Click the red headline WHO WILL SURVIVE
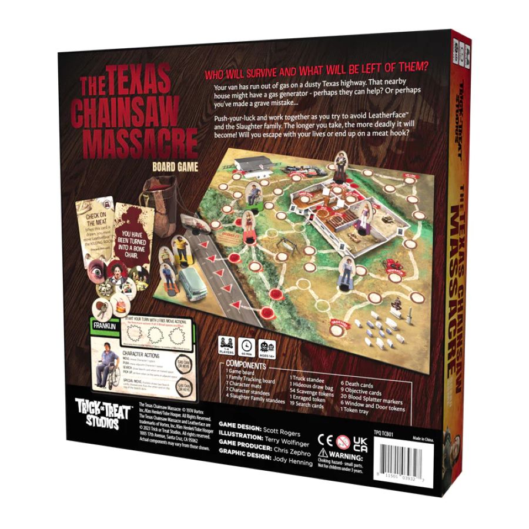315,75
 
